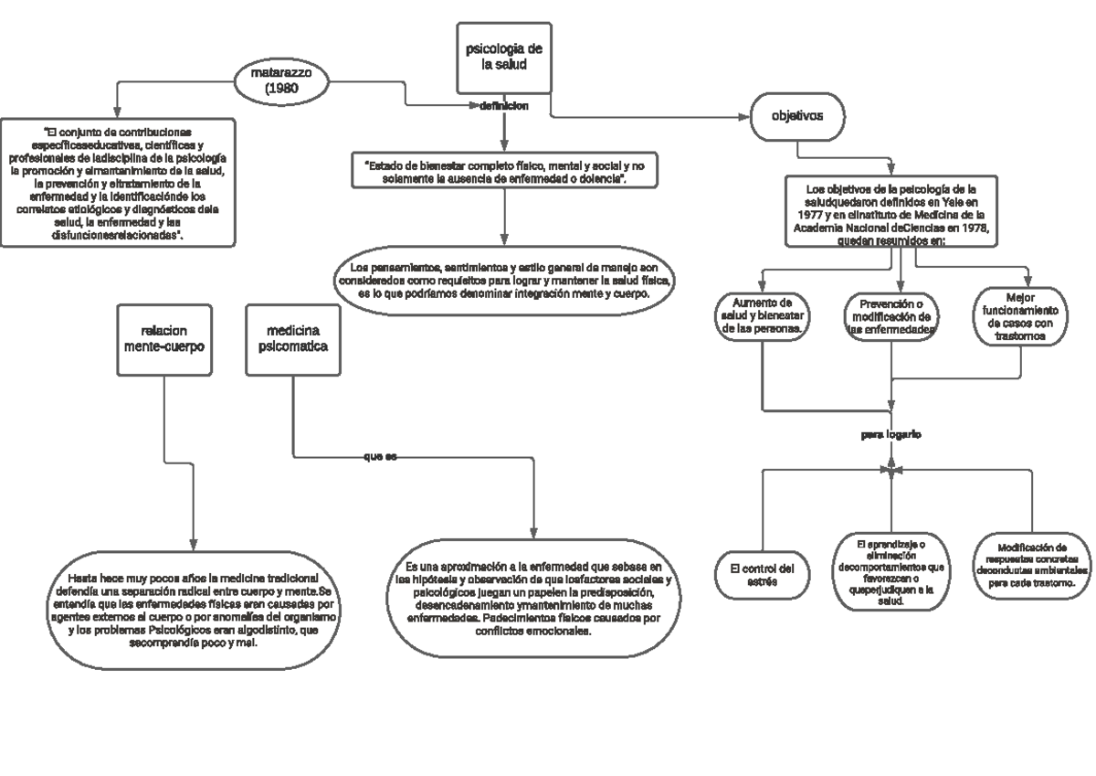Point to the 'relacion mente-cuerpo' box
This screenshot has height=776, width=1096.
coord(164,338)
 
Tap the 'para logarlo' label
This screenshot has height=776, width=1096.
coord(891,435)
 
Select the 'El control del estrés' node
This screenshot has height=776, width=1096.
coord(762,575)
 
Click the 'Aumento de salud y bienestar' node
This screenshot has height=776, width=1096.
coord(762,315)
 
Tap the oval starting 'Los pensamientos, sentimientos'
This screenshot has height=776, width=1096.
coord(504,282)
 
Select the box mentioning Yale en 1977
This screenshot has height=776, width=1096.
coord(890,212)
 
